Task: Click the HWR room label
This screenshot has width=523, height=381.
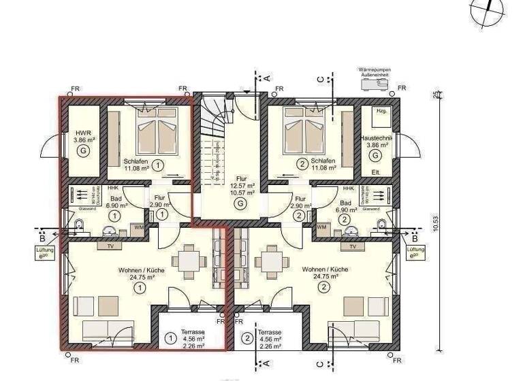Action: [82, 133]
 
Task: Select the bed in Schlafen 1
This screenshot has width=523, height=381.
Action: [157, 131]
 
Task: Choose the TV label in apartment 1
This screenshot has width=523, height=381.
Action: [110, 246]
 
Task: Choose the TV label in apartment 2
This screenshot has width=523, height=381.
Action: [352, 246]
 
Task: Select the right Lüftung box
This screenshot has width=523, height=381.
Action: [415, 252]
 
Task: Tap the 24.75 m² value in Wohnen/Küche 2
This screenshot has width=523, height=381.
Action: [325, 278]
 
